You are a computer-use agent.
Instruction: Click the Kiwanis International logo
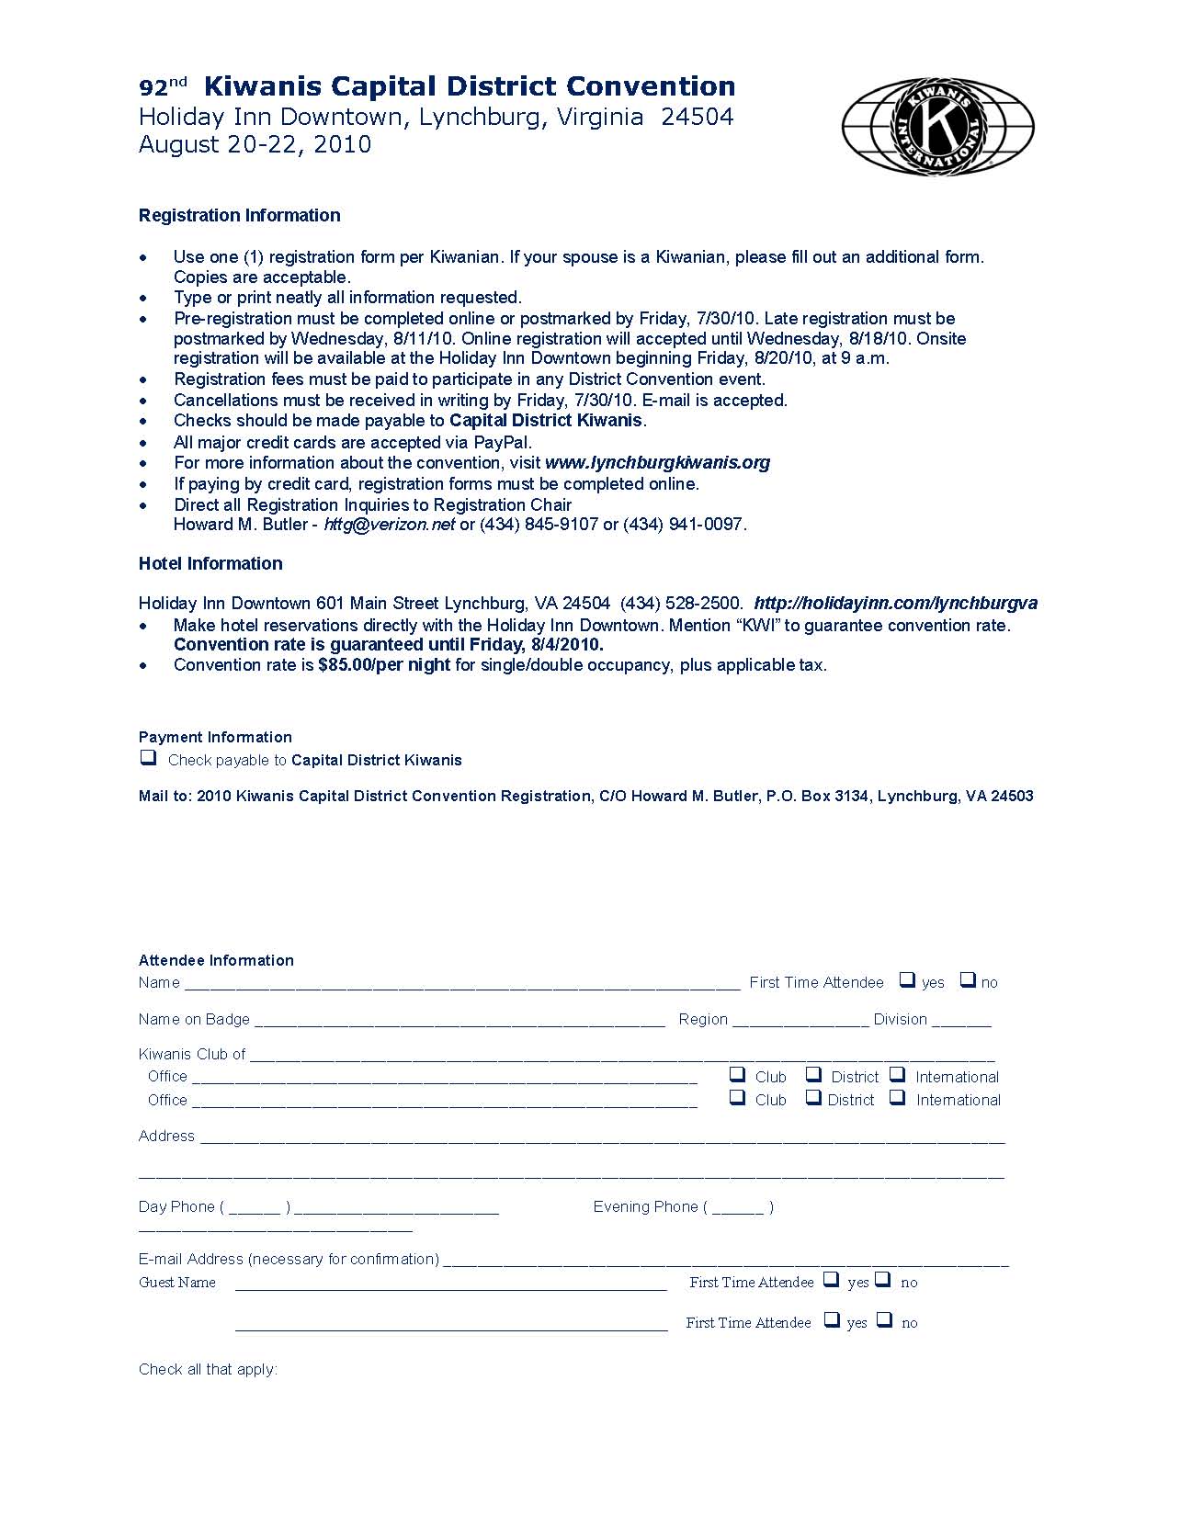click(937, 127)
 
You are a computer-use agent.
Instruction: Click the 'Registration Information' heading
click(239, 215)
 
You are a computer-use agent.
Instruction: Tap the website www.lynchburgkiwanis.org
click(657, 462)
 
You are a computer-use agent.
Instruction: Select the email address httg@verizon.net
click(389, 525)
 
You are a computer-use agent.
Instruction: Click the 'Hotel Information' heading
click(210, 563)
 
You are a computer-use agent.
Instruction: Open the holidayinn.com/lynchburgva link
click(895, 604)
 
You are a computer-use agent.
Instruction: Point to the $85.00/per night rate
click(384, 664)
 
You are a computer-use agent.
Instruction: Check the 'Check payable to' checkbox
click(147, 758)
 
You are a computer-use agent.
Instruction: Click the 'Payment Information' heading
click(215, 737)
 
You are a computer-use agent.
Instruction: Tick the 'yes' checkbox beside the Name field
click(907, 980)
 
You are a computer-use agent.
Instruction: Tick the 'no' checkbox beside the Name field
click(968, 980)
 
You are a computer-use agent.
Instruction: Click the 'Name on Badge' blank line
click(460, 1021)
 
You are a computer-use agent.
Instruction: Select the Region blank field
click(800, 1021)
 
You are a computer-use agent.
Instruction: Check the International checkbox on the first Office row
click(898, 1074)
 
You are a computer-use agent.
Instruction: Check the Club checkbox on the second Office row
click(737, 1097)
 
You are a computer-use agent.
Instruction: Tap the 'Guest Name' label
click(177, 1283)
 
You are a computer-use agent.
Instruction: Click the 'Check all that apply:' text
click(208, 1369)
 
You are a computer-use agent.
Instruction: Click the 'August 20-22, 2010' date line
click(255, 144)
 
